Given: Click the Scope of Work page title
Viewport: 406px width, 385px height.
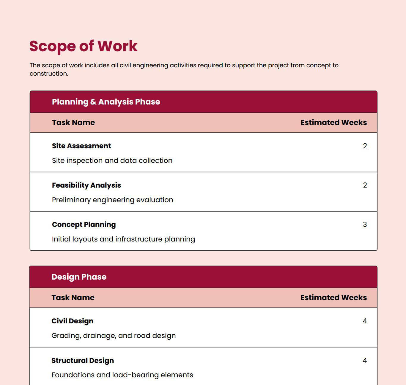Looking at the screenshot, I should point(84,46).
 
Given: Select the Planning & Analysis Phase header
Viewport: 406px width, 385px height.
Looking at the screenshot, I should point(106,102).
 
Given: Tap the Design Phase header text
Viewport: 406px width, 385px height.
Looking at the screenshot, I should point(79,277).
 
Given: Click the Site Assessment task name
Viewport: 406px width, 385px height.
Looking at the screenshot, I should point(81,146).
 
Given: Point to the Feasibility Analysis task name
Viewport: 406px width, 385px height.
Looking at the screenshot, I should point(86,185).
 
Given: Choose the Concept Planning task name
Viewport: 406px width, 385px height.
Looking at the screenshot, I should point(84,225).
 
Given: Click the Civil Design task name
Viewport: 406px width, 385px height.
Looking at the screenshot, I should point(72,321).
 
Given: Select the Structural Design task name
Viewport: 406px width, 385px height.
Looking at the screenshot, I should point(83,361).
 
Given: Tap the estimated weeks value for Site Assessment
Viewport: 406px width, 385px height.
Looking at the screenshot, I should point(365,146).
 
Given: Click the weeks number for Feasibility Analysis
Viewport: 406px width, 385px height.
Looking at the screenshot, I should point(365,185).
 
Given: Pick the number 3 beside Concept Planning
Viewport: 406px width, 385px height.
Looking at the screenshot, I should point(365,225).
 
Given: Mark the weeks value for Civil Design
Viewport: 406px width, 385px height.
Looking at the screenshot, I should point(365,321).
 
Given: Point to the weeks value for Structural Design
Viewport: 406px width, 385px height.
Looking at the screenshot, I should point(365,361).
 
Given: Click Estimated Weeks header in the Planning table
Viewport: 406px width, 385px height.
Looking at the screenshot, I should point(333,123).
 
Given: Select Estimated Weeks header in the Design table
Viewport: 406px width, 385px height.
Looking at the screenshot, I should point(333,298).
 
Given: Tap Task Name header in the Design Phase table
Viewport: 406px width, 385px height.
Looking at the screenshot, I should point(73,298).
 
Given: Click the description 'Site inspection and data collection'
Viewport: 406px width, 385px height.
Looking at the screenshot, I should point(112,160).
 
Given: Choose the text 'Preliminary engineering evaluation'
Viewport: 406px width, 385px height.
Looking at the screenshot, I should point(112,200).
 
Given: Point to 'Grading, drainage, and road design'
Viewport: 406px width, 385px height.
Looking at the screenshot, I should point(114,336).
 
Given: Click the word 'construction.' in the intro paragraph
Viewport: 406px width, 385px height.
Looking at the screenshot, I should point(49,74).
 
